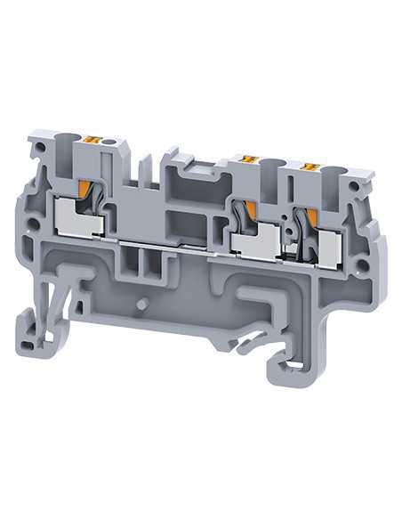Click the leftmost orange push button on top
(91, 139)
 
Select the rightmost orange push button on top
(311, 167)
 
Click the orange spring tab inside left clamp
(85, 190)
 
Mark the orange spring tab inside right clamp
(310, 218)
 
